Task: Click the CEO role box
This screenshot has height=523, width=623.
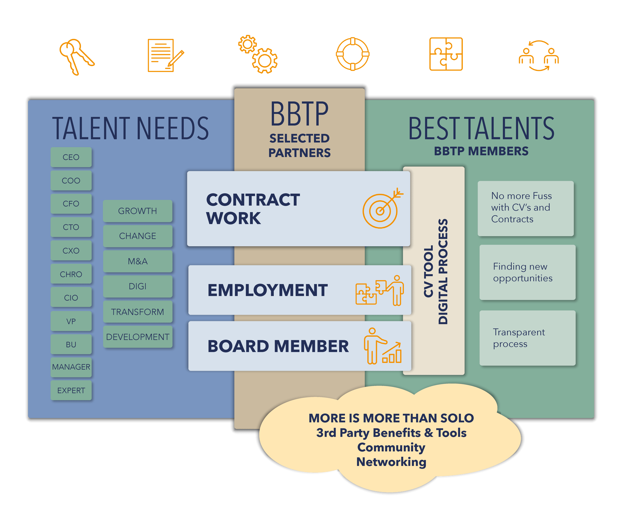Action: pyautogui.click(x=71, y=157)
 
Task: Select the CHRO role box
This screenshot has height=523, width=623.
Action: pyautogui.click(x=71, y=274)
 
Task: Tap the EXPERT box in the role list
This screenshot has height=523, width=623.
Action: pyautogui.click(x=71, y=390)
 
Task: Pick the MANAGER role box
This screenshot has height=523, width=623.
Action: pyautogui.click(x=71, y=367)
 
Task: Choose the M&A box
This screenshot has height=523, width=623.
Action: pyautogui.click(x=138, y=261)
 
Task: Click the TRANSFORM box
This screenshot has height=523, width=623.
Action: pyautogui.click(x=138, y=312)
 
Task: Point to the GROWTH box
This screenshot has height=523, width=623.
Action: pyautogui.click(x=138, y=211)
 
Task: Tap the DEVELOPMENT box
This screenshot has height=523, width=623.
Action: pyautogui.click(x=138, y=337)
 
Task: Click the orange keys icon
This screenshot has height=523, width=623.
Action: pyautogui.click(x=76, y=56)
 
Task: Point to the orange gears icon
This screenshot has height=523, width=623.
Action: pyautogui.click(x=258, y=54)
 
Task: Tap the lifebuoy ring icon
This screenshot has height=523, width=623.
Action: pyautogui.click(x=353, y=54)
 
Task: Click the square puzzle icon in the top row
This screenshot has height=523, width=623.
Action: pyautogui.click(x=446, y=54)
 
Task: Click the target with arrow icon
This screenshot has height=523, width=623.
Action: pyautogui.click(x=382, y=209)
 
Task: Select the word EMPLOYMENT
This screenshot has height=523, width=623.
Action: pyautogui.click(x=268, y=290)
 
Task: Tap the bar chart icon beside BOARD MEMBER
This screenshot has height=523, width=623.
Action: pyautogui.click(x=392, y=353)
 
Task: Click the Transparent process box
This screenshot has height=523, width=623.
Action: pyautogui.click(x=527, y=338)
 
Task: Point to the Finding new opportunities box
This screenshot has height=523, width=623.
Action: pyautogui.click(x=527, y=272)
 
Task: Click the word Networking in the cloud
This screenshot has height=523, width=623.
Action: pyautogui.click(x=391, y=462)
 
